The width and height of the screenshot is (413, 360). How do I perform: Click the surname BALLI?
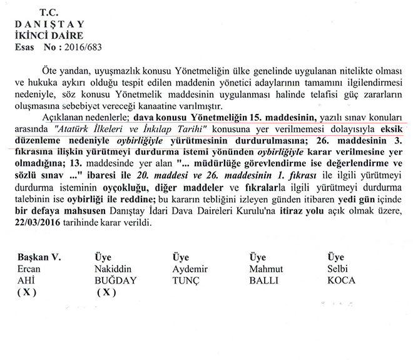pyautogui.click(x=263, y=280)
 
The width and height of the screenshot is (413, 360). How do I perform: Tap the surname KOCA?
pyautogui.click(x=341, y=280)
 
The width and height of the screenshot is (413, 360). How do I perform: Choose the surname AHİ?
pyautogui.click(x=28, y=280)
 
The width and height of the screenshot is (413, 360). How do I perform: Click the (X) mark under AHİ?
pyautogui.click(x=28, y=292)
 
